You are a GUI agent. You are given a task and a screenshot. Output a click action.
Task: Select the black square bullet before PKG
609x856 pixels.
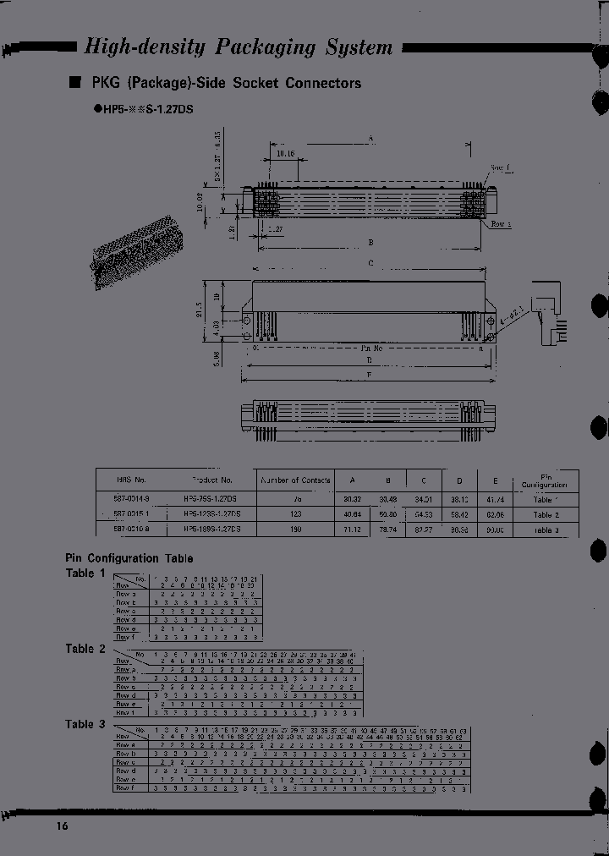tap(74, 83)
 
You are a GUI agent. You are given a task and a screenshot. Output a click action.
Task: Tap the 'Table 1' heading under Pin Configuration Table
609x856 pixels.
tap(86, 573)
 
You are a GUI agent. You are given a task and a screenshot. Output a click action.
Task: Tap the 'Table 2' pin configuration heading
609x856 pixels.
tap(86, 649)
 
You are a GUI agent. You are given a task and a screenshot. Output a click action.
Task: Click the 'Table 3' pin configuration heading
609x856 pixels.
tap(86, 724)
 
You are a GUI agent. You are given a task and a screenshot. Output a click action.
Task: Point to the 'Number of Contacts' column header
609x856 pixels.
tap(295, 480)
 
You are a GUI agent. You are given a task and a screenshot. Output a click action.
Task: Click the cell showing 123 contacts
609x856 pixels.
tap(295, 513)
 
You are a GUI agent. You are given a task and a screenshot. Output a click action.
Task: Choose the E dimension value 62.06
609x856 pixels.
tap(497, 513)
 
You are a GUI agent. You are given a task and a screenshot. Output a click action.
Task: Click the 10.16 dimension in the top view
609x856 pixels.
tap(284, 154)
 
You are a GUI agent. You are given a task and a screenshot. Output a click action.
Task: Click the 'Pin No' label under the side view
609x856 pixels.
tap(372, 348)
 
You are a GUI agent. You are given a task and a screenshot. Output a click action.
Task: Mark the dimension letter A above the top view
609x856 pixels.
tap(370, 137)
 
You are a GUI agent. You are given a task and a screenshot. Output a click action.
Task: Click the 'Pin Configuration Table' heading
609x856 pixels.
tap(129, 558)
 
